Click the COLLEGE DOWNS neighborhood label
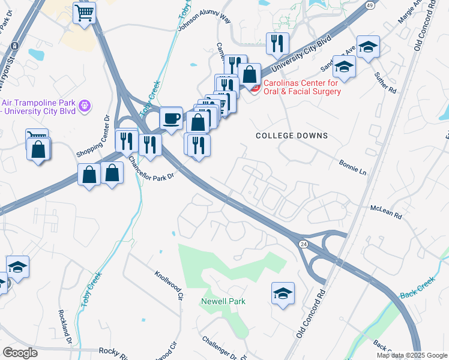(x=292, y=136)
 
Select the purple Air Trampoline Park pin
(x=85, y=106)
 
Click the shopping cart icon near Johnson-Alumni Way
(x=84, y=12)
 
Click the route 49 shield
(x=370, y=5)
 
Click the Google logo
(x=20, y=353)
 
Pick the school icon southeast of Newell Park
(x=283, y=293)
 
